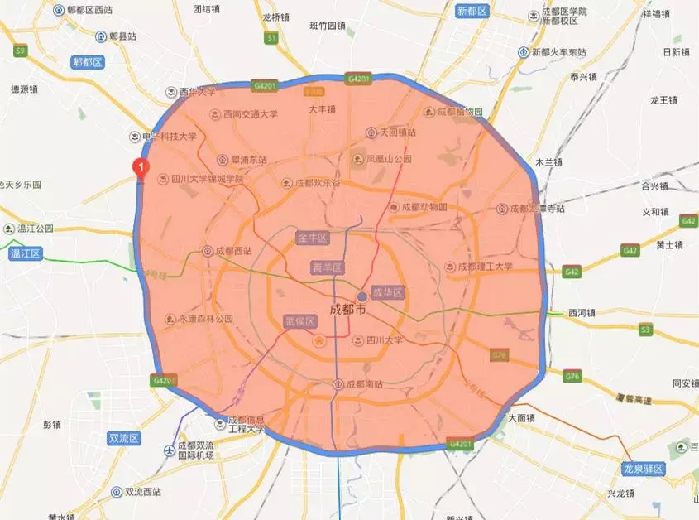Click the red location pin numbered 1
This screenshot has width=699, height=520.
click(x=141, y=168)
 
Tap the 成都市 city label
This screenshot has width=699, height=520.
click(x=347, y=309)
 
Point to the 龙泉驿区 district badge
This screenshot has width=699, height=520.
click(x=644, y=469)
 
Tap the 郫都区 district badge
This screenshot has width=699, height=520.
click(x=87, y=62)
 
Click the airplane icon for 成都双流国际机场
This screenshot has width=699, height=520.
click(x=170, y=450)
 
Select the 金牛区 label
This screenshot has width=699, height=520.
click(x=313, y=238)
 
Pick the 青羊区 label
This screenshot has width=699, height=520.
click(x=327, y=267)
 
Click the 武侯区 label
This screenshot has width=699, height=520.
click(x=299, y=321)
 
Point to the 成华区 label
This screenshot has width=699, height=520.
click(x=387, y=293)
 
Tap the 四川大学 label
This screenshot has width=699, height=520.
click(x=383, y=340)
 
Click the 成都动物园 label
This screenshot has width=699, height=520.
click(x=424, y=207)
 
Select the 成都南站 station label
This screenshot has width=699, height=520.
click(x=363, y=384)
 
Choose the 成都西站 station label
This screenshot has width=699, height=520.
click(x=233, y=250)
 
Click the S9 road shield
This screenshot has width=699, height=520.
click(x=20, y=51)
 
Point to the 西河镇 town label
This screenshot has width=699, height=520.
click(x=582, y=313)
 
